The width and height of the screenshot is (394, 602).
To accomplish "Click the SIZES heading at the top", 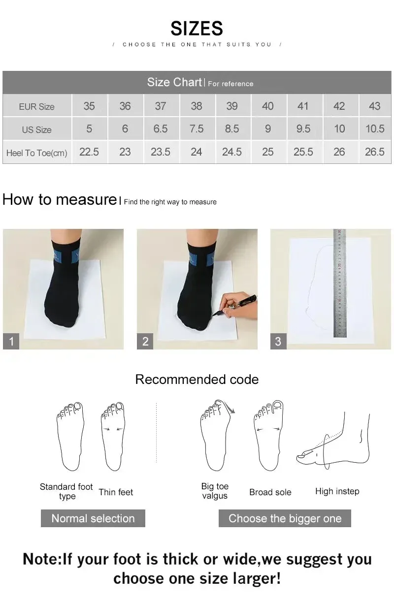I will point(197,29).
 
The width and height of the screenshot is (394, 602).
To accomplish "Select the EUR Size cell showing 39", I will point(232,106).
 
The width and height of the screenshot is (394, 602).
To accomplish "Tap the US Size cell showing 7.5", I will point(196,129).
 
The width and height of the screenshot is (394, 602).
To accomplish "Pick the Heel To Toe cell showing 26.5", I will point(374,152).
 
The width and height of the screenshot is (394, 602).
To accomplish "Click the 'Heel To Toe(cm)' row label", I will point(37,153).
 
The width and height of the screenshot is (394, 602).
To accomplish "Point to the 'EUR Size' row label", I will point(37,106).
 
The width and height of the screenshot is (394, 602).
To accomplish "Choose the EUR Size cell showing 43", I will point(374,106).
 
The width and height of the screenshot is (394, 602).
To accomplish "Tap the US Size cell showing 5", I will point(89,129).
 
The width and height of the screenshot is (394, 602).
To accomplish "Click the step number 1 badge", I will point(11,341).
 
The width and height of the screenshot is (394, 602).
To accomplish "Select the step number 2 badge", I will point(145,341).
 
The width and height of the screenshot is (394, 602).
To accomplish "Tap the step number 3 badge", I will point(278,341).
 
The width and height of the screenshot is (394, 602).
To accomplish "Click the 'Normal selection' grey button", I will point(93,518).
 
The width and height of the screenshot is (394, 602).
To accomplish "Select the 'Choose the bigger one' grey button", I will point(285,518).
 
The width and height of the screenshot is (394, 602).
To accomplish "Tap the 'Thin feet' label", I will point(116,492).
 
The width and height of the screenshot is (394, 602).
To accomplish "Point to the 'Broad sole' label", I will point(270,492).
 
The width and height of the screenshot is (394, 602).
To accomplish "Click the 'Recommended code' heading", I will point(197,380).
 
